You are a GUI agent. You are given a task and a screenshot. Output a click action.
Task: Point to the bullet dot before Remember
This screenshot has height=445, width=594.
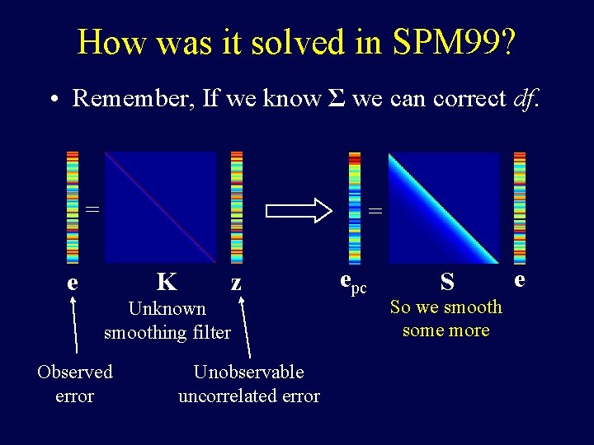[52, 100]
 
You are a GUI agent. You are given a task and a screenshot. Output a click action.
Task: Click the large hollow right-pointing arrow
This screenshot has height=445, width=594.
[298, 209]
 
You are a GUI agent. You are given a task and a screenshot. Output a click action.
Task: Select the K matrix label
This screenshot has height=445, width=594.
[167, 283]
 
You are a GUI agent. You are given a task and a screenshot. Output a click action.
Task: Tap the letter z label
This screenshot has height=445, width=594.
[236, 283]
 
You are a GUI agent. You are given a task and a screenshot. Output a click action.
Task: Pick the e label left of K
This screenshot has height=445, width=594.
[73, 283]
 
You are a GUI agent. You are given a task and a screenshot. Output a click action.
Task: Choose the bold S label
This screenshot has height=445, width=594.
[447, 283]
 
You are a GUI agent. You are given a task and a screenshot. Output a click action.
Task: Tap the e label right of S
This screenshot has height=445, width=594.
[519, 280]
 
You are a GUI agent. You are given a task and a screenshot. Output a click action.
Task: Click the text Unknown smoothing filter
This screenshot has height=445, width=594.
[167, 321]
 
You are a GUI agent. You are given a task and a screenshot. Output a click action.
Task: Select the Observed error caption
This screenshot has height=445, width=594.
[74, 384]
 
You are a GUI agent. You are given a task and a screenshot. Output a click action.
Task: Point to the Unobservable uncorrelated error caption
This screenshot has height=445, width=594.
[248, 384]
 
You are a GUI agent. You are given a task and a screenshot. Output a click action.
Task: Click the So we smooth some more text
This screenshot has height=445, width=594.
[445, 319]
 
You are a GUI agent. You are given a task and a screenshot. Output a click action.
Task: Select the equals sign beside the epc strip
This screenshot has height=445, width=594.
[375, 211]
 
